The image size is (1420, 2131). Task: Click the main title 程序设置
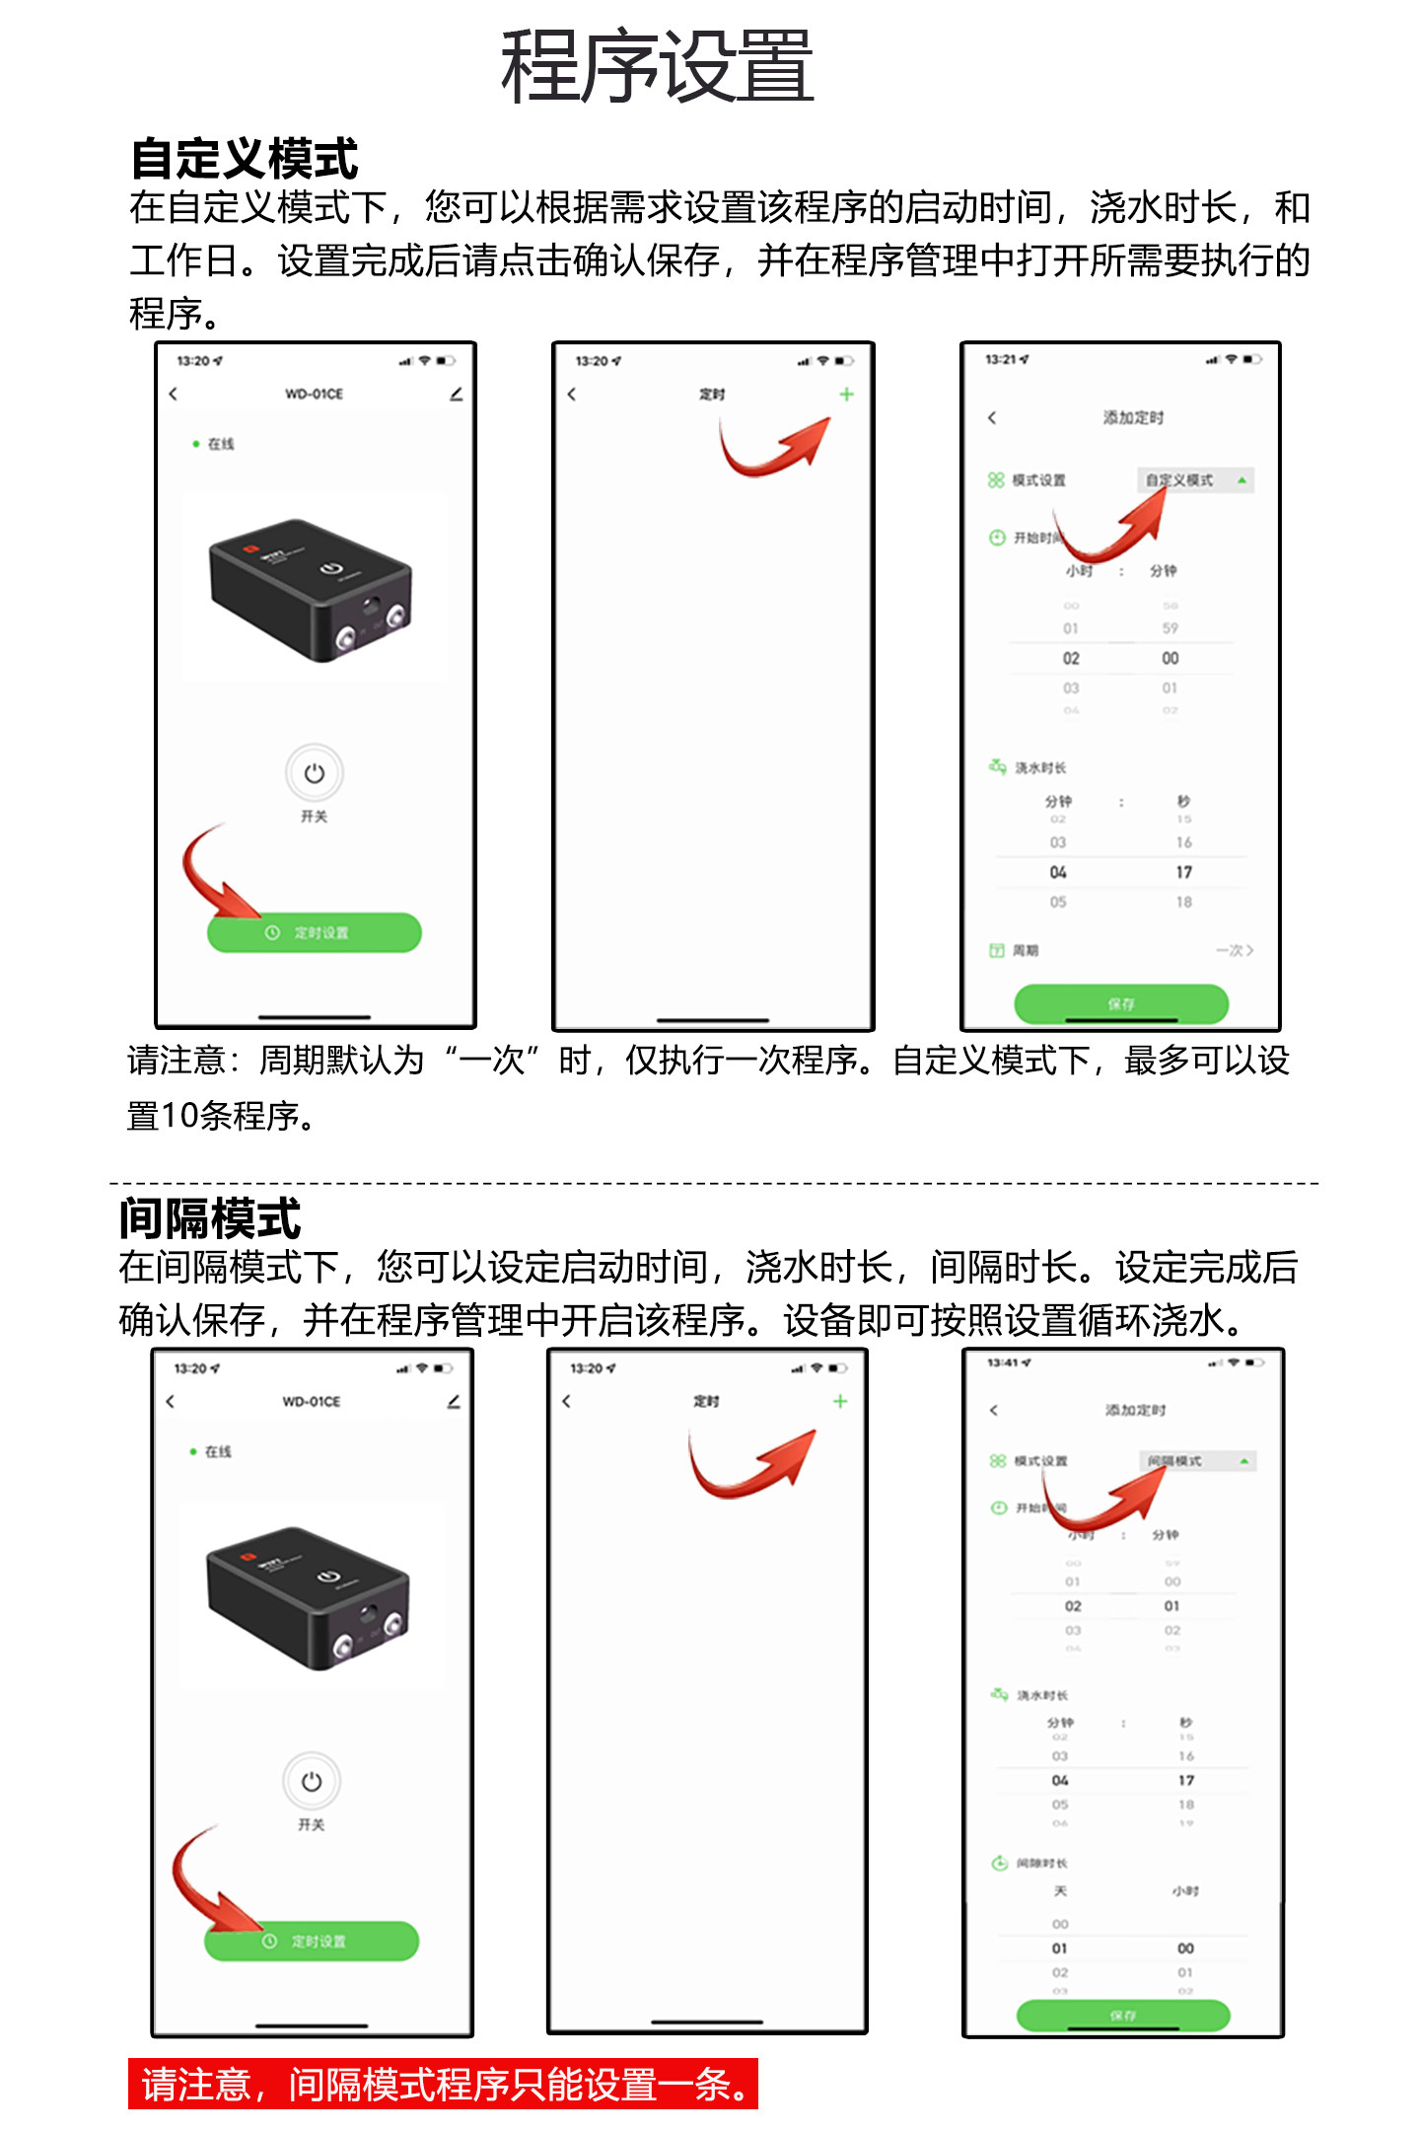click(x=657, y=67)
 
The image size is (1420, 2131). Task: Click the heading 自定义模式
click(x=244, y=159)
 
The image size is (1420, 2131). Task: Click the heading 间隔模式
click(x=209, y=1218)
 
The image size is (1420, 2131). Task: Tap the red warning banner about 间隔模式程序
click(x=443, y=2084)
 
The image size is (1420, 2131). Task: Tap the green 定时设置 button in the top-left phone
click(x=314, y=932)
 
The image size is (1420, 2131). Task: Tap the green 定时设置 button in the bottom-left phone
click(x=312, y=1941)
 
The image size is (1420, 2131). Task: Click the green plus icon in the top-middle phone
click(x=846, y=394)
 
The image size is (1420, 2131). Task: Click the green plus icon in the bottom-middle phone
click(x=840, y=1401)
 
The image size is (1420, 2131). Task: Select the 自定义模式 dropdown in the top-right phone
click(x=1194, y=480)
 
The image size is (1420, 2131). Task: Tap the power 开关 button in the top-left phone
click(x=314, y=773)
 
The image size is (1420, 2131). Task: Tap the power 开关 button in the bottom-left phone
click(x=312, y=1782)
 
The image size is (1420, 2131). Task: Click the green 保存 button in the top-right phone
click(x=1121, y=1002)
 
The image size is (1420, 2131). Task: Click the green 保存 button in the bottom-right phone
click(x=1123, y=2015)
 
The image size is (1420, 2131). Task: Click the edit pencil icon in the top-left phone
click(x=456, y=394)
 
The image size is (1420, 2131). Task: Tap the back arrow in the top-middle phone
click(x=572, y=394)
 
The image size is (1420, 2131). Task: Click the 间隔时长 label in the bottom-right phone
click(x=1041, y=1863)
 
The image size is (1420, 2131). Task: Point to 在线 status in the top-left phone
click(x=220, y=444)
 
